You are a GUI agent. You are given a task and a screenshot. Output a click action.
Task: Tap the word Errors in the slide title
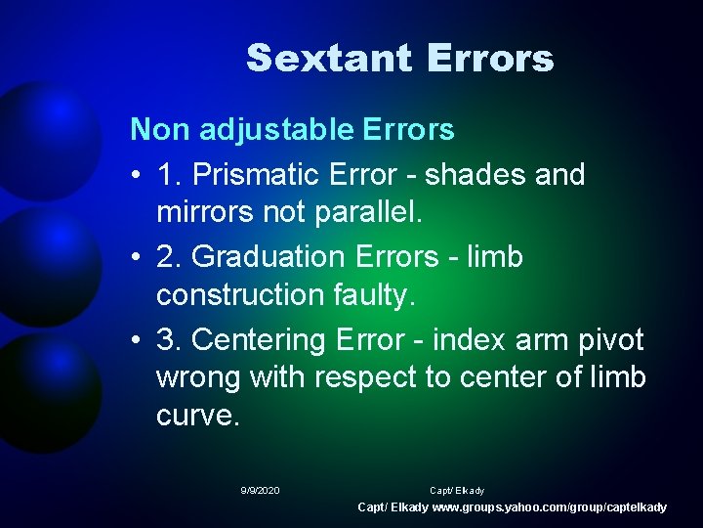tap(490, 59)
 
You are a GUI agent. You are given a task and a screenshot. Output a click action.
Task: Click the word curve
tap(196, 416)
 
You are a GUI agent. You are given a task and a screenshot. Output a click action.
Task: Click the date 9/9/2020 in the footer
tap(260, 490)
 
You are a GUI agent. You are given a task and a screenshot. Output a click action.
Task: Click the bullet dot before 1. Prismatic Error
tap(137, 176)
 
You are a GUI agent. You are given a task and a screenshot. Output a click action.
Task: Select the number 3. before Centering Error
tap(169, 340)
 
